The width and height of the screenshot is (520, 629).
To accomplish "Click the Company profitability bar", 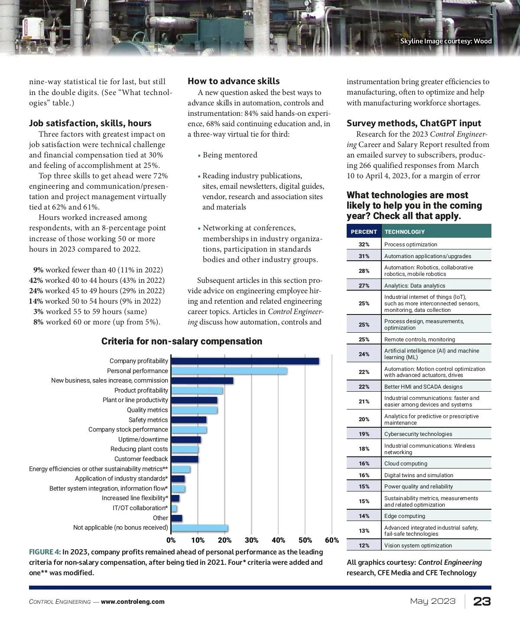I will (x=245, y=361).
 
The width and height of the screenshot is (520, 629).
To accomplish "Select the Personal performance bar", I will (x=229, y=371).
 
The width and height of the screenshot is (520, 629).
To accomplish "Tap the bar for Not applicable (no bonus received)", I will (x=199, y=528).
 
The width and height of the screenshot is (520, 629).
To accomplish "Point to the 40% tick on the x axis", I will (x=278, y=540).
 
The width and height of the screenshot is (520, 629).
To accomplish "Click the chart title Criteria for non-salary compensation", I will (x=182, y=341).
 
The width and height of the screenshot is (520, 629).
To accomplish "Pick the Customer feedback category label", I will (x=141, y=459).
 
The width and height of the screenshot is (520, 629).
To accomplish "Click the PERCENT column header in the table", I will (x=364, y=232).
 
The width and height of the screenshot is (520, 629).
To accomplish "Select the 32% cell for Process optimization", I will (x=364, y=244).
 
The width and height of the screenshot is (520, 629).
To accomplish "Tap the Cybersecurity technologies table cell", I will (x=418, y=434).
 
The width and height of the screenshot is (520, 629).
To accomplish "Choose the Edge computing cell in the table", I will (x=404, y=516).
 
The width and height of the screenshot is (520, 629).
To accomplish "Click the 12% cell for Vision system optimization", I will (x=364, y=545).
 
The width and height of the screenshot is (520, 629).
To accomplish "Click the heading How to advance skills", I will (x=234, y=81).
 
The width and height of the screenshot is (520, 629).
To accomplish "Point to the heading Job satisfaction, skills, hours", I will (x=90, y=123).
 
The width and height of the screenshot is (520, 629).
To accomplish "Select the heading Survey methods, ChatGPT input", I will (x=414, y=123).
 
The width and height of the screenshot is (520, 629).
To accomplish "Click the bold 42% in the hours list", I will (x=36, y=280).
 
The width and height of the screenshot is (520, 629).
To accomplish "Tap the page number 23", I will (x=482, y=601).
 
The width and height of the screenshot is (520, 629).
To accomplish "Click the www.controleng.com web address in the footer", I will (x=133, y=602).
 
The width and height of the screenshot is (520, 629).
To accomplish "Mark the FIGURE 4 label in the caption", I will (x=45, y=552).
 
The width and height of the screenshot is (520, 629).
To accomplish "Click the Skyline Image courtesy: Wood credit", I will (x=445, y=41).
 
